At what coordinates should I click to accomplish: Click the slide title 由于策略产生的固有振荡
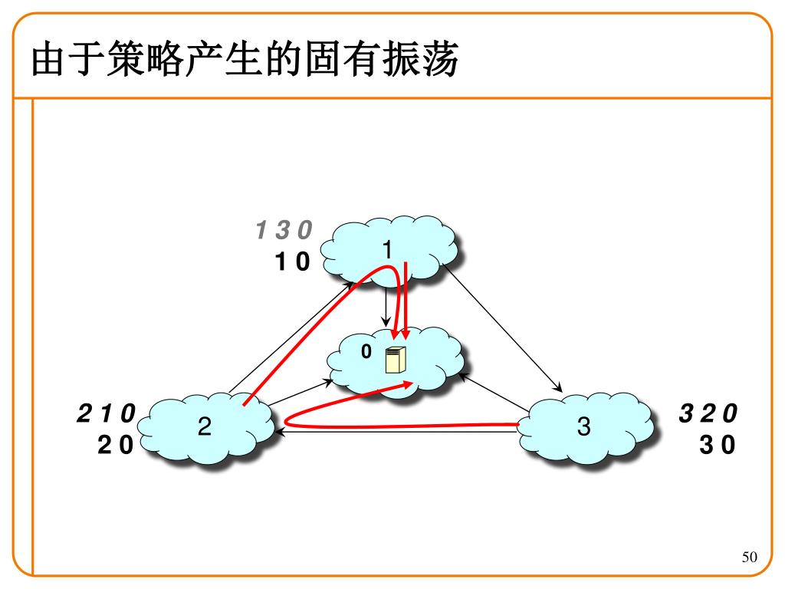pyautogui.click(x=245, y=60)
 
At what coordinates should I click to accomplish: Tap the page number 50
pyautogui.click(x=749, y=558)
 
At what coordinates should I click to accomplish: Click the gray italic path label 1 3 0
pyautogui.click(x=284, y=229)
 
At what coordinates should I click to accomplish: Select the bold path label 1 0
pyautogui.click(x=293, y=262)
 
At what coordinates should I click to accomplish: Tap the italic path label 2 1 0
pyautogui.click(x=106, y=414)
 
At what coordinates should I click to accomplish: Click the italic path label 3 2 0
pyautogui.click(x=708, y=414)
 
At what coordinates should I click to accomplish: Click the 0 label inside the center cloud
pyautogui.click(x=366, y=351)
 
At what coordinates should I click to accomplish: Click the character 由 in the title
pyautogui.click(x=48, y=60)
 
